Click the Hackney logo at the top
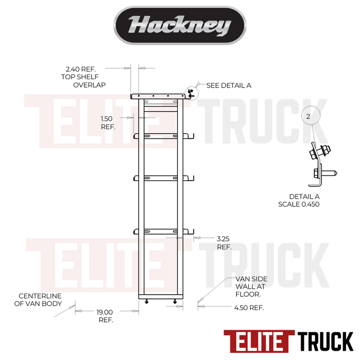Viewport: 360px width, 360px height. (x=179, y=25)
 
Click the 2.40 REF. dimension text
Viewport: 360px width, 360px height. (x=84, y=68)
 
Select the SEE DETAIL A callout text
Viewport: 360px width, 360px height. (x=228, y=85)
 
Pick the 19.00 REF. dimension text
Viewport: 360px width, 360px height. (x=105, y=315)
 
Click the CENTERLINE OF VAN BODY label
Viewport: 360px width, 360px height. (x=40, y=300)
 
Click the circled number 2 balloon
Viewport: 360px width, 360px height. (x=308, y=117)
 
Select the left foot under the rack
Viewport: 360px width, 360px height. (x=147, y=302)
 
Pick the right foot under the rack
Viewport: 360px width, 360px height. (x=175, y=302)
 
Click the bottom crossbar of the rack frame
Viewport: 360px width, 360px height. (x=160, y=297)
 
